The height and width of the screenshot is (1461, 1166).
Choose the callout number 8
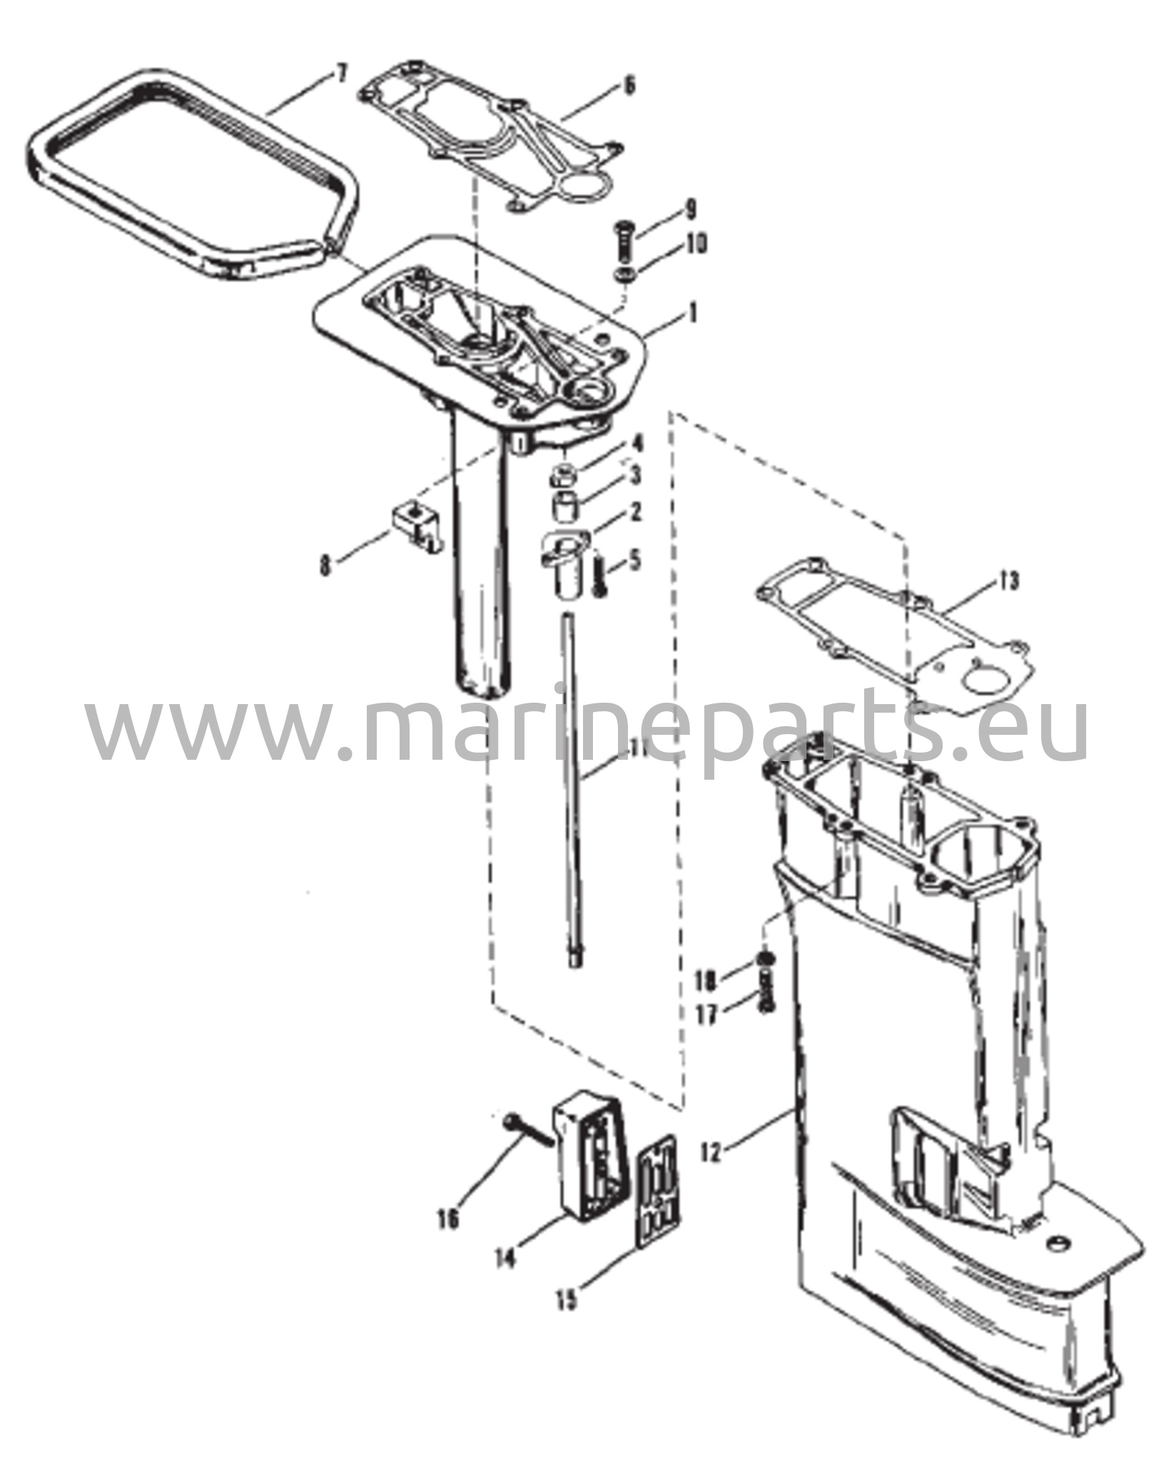click(325, 567)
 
